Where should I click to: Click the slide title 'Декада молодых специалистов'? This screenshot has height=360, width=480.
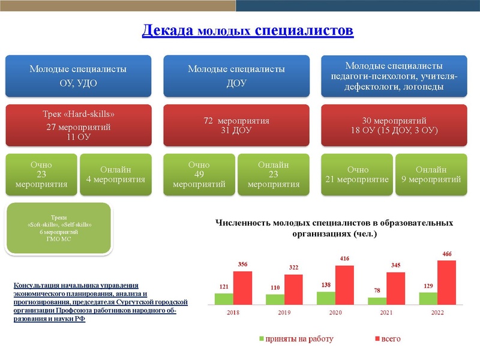click(x=247, y=31)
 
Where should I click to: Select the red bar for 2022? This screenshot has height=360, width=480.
click(x=446, y=283)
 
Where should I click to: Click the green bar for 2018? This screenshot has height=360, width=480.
click(x=224, y=299)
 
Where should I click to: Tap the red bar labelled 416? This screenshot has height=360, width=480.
click(x=344, y=285)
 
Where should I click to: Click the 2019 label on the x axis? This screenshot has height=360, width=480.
click(x=284, y=313)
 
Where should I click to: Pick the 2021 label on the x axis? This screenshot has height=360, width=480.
click(x=386, y=313)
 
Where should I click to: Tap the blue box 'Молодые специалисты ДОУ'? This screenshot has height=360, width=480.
click(x=236, y=76)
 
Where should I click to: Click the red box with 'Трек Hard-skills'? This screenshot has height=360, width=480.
click(x=78, y=125)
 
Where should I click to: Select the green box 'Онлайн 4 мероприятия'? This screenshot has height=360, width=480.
click(x=116, y=175)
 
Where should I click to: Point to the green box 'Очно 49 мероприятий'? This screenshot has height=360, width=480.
click(x=199, y=175)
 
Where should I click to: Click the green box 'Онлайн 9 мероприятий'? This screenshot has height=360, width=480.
click(x=431, y=175)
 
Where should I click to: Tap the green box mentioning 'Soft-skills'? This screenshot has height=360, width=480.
click(x=59, y=228)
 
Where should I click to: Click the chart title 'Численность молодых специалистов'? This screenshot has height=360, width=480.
click(x=334, y=228)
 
